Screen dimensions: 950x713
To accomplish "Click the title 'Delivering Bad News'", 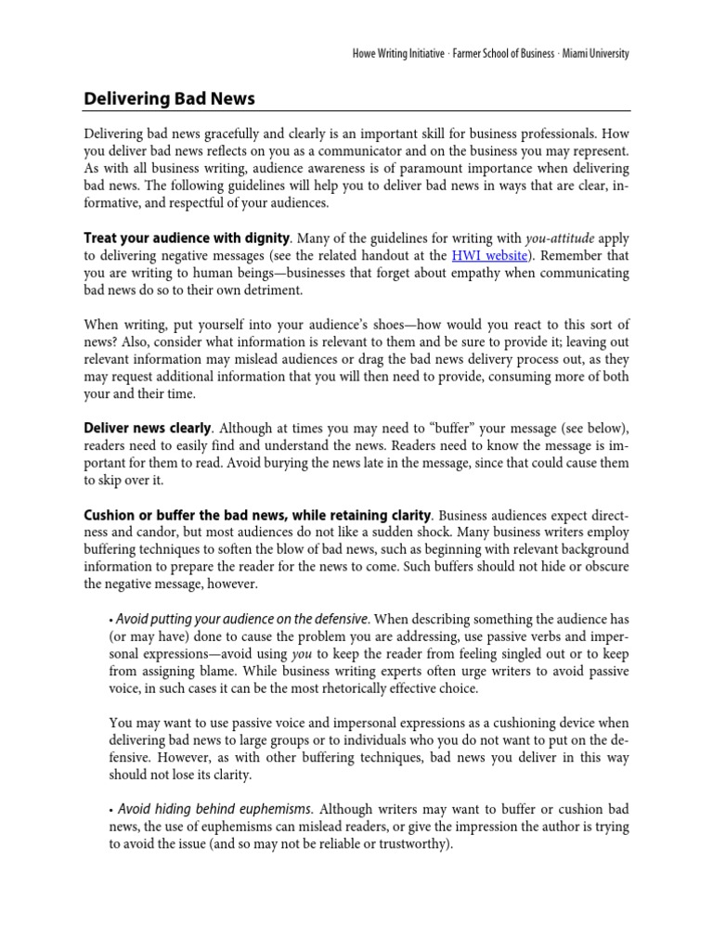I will click(169, 97).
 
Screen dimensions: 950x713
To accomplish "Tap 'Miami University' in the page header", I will click(593, 54).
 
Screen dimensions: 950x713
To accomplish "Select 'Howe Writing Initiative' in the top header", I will click(382, 54).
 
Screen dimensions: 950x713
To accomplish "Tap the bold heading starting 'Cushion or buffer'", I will click(257, 515).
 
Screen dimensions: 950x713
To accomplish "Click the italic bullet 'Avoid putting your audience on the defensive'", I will click(242, 618).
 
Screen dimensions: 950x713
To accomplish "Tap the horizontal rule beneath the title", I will click(356, 111).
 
